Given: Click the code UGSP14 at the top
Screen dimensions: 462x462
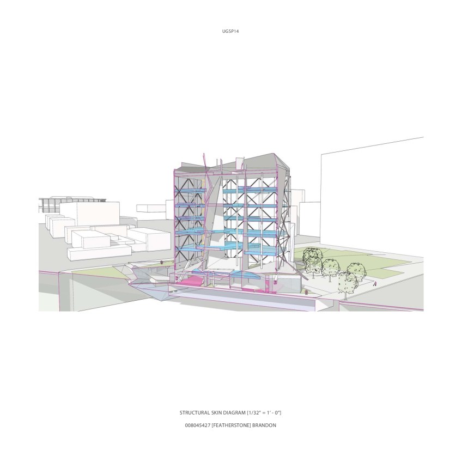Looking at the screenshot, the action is point(230,31).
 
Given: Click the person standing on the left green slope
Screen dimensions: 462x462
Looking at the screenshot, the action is point(161,262).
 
